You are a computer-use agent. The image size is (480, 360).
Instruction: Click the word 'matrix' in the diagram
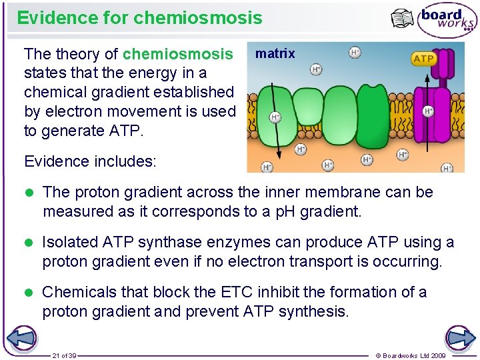[x=275, y=54]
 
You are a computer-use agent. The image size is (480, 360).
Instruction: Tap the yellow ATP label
[x=423, y=59]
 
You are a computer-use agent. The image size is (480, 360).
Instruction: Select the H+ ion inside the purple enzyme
[x=428, y=111]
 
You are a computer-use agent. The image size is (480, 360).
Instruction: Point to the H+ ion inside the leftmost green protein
[x=275, y=117]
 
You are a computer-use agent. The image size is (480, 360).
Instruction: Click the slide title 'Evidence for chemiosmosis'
[x=139, y=18]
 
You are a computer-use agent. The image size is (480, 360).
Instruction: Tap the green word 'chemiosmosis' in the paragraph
[x=178, y=53]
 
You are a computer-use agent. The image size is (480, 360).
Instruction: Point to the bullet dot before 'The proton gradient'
[x=29, y=193]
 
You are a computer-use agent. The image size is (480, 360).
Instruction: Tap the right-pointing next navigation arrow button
[x=459, y=337]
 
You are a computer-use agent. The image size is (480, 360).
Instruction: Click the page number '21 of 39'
[x=65, y=356]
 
